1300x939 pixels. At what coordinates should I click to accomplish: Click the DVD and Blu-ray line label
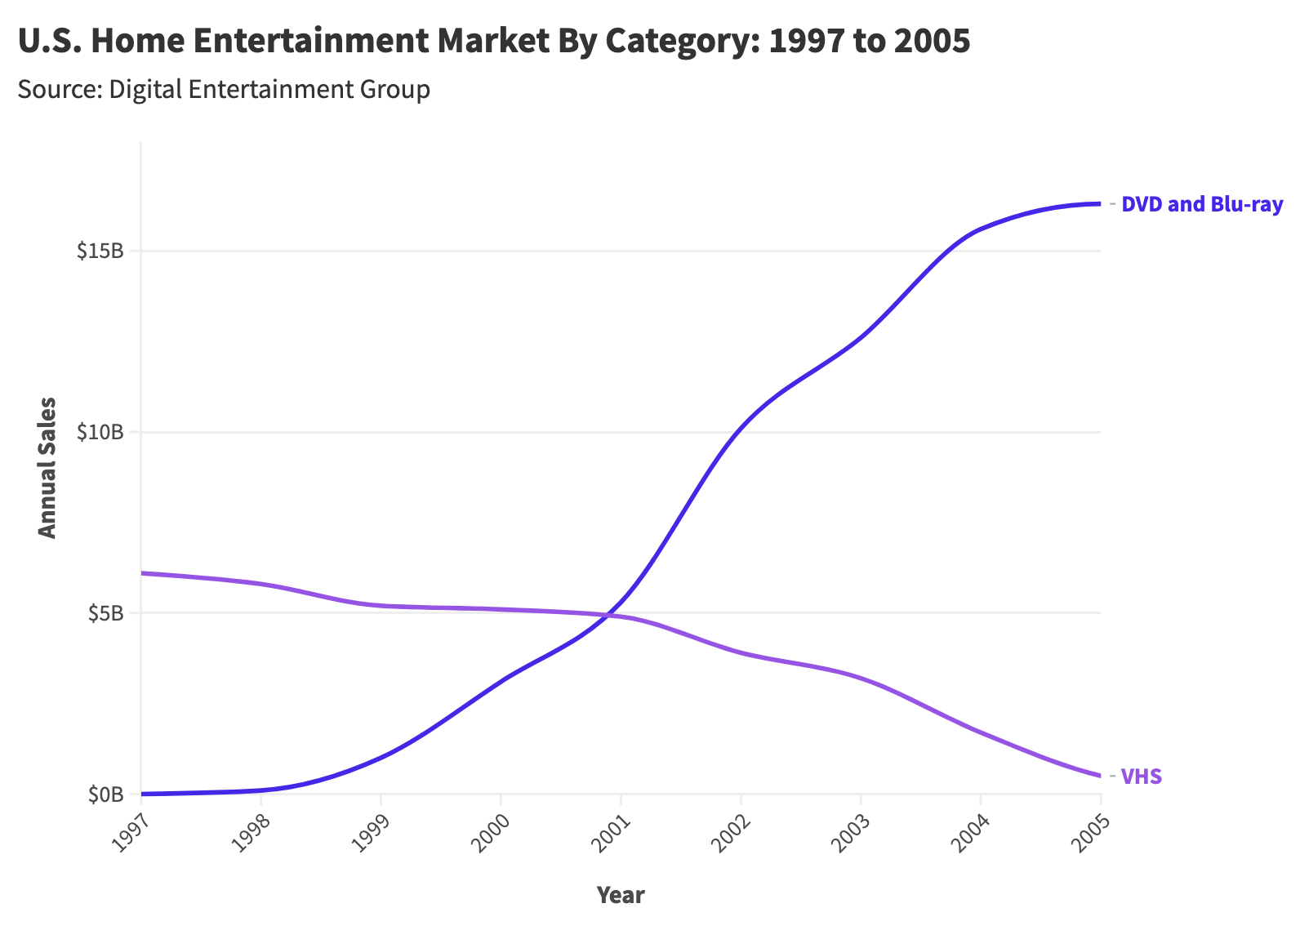point(1201,204)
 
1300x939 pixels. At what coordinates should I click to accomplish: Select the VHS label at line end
point(1141,777)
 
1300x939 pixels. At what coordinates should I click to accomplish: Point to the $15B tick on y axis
point(100,251)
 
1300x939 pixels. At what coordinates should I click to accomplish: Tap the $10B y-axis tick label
point(100,432)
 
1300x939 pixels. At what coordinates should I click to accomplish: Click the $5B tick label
point(105,613)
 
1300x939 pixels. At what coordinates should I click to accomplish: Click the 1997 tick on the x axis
point(127,833)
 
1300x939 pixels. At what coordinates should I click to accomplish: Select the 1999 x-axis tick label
point(367,833)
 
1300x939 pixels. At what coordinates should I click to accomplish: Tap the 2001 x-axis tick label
point(608,833)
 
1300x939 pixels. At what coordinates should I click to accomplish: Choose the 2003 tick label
point(847,833)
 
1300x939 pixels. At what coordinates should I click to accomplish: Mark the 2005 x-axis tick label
point(1087,833)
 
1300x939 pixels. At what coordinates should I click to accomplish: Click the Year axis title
point(621,895)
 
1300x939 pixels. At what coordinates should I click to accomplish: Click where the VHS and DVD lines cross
point(608,614)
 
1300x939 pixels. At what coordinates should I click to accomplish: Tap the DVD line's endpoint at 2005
point(1100,203)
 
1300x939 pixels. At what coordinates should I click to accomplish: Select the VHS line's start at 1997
point(142,573)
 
